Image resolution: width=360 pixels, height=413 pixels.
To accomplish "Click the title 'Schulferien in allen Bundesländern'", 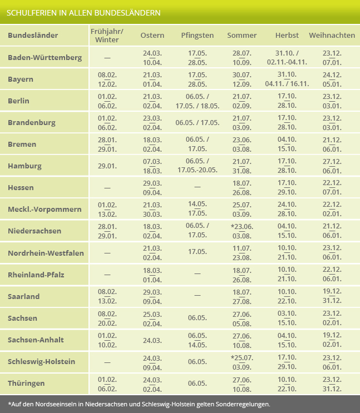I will pos(84,12).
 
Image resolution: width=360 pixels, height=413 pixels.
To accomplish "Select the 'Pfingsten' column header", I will pos(198,36).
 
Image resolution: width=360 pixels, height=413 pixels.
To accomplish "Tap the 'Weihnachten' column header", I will pos(332,36).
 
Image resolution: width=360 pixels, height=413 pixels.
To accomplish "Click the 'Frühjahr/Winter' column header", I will pos(107,36).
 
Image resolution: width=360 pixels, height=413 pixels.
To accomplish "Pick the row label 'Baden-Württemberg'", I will pos(45,57).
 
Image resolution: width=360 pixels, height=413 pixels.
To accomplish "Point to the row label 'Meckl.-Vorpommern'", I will pos(45,210).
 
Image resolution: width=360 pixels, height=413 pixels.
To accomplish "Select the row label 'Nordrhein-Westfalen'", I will pos(46,253).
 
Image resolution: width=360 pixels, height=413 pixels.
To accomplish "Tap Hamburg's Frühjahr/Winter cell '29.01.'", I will pos(107,166).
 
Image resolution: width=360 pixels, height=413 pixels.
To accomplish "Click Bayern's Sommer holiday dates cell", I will pos(241,79).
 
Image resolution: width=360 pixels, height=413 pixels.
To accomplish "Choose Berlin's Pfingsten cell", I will pos(198,101).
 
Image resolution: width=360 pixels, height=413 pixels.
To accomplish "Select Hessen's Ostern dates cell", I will pos(152,188).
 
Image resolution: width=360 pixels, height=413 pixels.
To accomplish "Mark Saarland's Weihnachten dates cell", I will pos(332,296).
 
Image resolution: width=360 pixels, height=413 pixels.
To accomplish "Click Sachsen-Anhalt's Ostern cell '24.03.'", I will pos(152,340).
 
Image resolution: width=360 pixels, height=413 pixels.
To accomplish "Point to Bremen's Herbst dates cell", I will pos(287,145).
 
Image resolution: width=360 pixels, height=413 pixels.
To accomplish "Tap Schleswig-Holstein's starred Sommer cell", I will pos(241,361).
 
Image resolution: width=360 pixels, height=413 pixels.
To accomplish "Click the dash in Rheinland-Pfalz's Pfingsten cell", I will pos(198,275).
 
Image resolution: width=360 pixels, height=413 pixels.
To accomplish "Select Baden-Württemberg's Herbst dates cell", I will pos(287,57).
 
